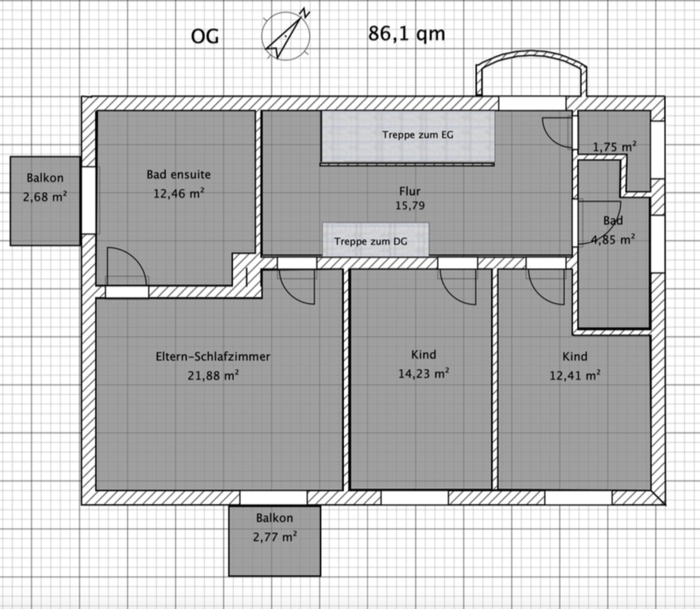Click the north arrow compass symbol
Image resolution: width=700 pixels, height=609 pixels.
pyautogui.click(x=286, y=36)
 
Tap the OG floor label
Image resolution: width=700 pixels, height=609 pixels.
pyautogui.click(x=205, y=36)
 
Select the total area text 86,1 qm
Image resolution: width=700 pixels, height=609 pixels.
pyautogui.click(x=406, y=34)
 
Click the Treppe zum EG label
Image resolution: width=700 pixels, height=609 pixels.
pyautogui.click(x=418, y=135)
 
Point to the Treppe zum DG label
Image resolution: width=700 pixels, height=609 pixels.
pyautogui.click(x=371, y=242)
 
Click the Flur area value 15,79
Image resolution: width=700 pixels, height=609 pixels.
pyautogui.click(x=410, y=206)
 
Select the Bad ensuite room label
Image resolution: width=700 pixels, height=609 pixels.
pyautogui.click(x=179, y=175)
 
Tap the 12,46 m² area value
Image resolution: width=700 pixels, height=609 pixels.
pyautogui.click(x=179, y=193)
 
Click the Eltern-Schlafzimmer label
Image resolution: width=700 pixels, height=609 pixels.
pyautogui.click(x=213, y=357)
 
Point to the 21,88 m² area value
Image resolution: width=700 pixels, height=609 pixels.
pyautogui.click(x=213, y=376)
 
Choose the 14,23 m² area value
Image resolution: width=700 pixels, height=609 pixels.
pyautogui.click(x=424, y=373)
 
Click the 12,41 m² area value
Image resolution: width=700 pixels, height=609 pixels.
pyautogui.click(x=575, y=376)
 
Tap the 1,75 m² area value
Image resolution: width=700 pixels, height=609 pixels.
pyautogui.click(x=614, y=147)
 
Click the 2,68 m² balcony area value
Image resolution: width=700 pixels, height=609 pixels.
pyautogui.click(x=45, y=197)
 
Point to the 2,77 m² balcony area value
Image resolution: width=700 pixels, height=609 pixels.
pyautogui.click(x=274, y=537)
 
